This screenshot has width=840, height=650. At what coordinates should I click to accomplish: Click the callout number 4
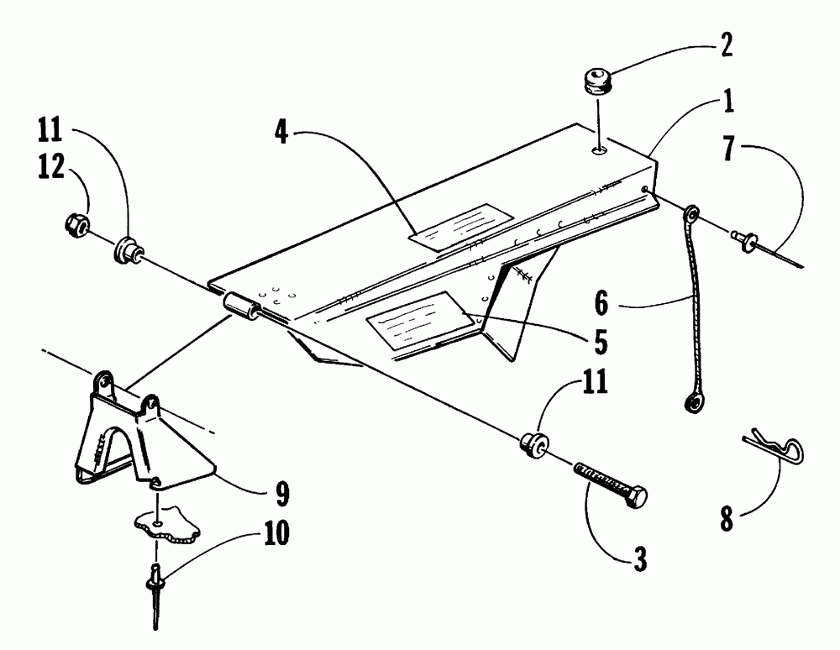[x=283, y=133]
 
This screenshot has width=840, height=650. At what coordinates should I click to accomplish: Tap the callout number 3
[x=641, y=558]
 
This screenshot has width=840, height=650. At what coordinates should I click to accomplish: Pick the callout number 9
[x=281, y=495]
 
